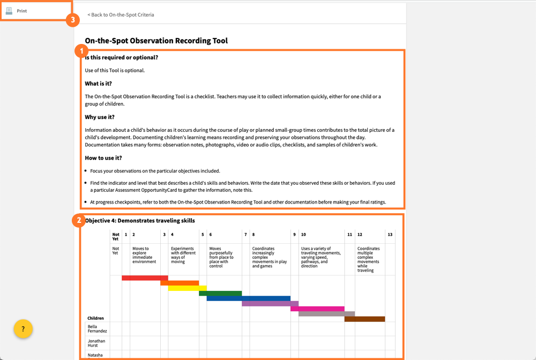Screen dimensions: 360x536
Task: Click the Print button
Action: point(21,11)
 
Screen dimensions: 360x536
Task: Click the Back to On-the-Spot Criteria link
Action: point(121,15)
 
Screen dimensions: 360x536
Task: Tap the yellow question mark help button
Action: point(23,328)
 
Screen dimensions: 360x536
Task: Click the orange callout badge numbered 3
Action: point(72,20)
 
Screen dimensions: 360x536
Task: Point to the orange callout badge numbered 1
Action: point(81,51)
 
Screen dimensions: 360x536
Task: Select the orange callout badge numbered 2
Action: point(79,220)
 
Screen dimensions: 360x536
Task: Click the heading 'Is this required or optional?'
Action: point(122,57)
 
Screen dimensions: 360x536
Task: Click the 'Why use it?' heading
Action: point(100,117)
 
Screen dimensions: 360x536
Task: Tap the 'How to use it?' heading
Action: point(103,158)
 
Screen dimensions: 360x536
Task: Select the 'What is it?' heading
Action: point(99,84)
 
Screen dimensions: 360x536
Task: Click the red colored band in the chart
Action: point(145,278)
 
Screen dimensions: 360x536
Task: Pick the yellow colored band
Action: point(183,288)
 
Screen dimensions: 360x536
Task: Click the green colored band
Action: point(220,293)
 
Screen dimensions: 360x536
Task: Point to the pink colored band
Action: point(321,309)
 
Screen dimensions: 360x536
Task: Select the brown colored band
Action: point(364,319)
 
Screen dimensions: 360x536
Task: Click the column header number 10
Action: point(303,235)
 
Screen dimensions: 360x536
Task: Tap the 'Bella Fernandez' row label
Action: point(98,328)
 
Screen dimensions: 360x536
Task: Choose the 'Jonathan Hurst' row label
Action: point(97,343)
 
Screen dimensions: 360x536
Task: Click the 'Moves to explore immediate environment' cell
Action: point(145,255)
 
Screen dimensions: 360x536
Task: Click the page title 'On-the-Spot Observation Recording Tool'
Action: point(157,41)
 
